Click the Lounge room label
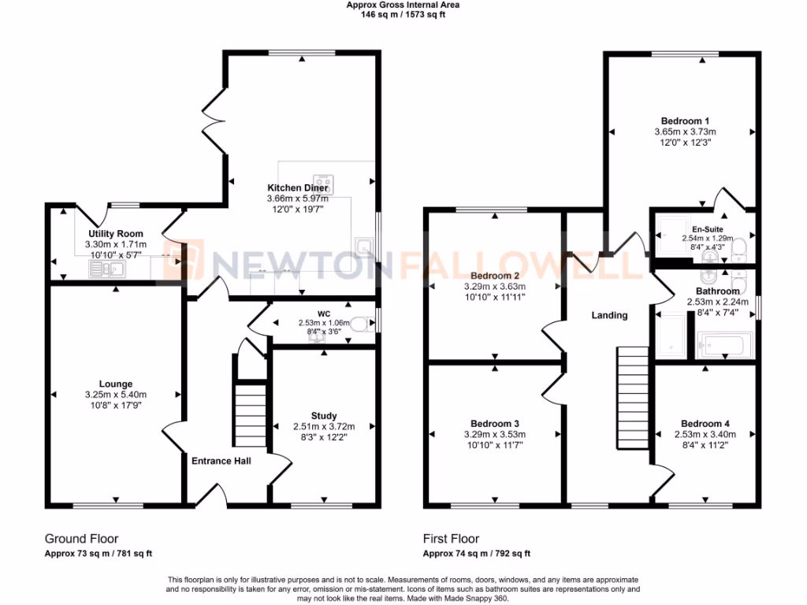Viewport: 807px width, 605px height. [116, 384]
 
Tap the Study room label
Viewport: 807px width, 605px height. [324, 416]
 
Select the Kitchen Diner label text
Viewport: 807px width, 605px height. [298, 188]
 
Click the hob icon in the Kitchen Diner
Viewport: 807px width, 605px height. [324, 184]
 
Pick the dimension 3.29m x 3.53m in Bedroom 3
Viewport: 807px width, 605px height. [494, 434]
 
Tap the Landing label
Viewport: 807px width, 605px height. [609, 315]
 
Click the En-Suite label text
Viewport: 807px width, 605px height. [708, 229]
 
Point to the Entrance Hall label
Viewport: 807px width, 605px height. [221, 461]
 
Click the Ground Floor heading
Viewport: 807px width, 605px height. [81, 539]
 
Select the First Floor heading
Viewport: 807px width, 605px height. [451, 539]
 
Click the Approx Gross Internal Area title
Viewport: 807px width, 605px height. [403, 5]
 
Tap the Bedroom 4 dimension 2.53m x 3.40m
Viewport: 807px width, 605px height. [705, 434]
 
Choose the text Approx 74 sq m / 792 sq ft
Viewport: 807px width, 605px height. [476, 554]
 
